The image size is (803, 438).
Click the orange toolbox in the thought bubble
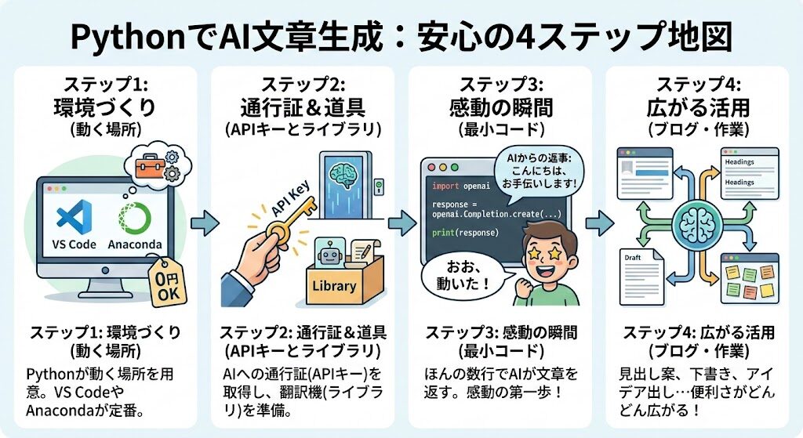pos(147,165)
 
